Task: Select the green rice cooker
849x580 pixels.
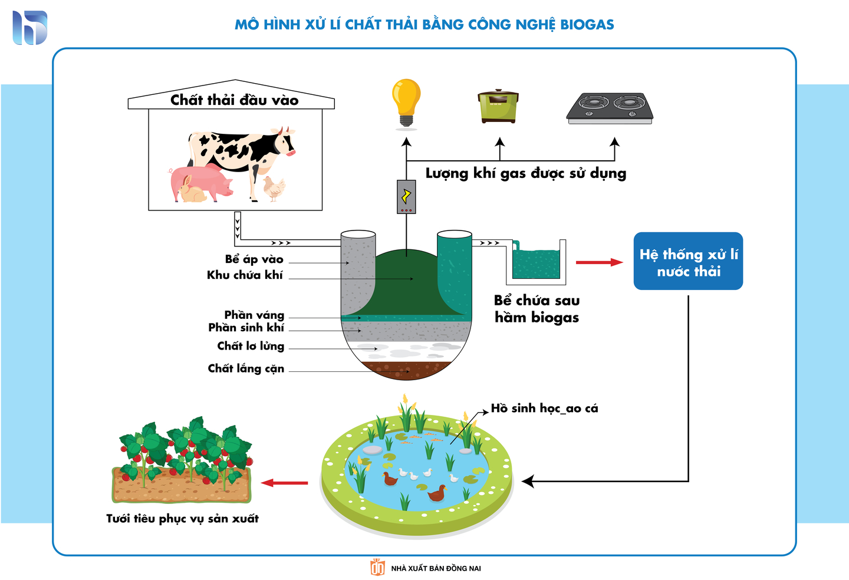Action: pos(498,106)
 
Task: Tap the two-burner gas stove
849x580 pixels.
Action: pos(610,108)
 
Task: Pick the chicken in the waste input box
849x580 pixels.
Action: pos(274,188)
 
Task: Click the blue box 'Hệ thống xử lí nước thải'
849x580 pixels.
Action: pos(688,262)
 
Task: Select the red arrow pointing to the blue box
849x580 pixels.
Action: pos(598,262)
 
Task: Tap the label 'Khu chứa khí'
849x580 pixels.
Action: pos(245,275)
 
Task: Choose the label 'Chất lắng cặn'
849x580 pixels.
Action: pos(246,368)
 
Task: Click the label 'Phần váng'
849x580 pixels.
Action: pos(254,315)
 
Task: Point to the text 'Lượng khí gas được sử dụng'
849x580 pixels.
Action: pos(525,173)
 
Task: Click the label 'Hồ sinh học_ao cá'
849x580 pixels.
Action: pos(544,408)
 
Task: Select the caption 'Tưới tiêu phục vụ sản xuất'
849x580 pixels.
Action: pos(182,519)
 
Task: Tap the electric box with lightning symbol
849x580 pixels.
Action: pos(406,196)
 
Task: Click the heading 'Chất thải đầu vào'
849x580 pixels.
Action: pos(234,100)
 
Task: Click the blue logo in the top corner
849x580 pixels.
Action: pos(30,28)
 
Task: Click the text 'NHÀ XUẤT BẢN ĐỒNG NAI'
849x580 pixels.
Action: pos(436,568)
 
